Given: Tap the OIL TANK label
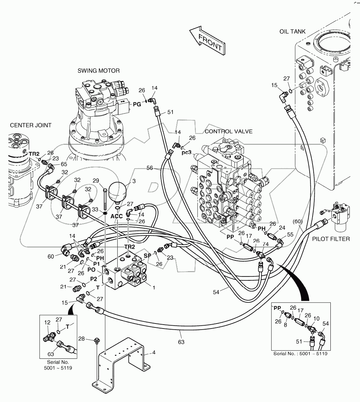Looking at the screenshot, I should point(292,31).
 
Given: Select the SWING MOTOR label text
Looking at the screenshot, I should point(98,71).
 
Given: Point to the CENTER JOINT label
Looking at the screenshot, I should point(30,125).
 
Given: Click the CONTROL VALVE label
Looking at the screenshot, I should point(228,132).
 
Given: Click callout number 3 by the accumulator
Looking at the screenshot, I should point(134,182).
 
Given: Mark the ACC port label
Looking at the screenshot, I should point(117,216).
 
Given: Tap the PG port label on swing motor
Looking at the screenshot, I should point(137,105).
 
